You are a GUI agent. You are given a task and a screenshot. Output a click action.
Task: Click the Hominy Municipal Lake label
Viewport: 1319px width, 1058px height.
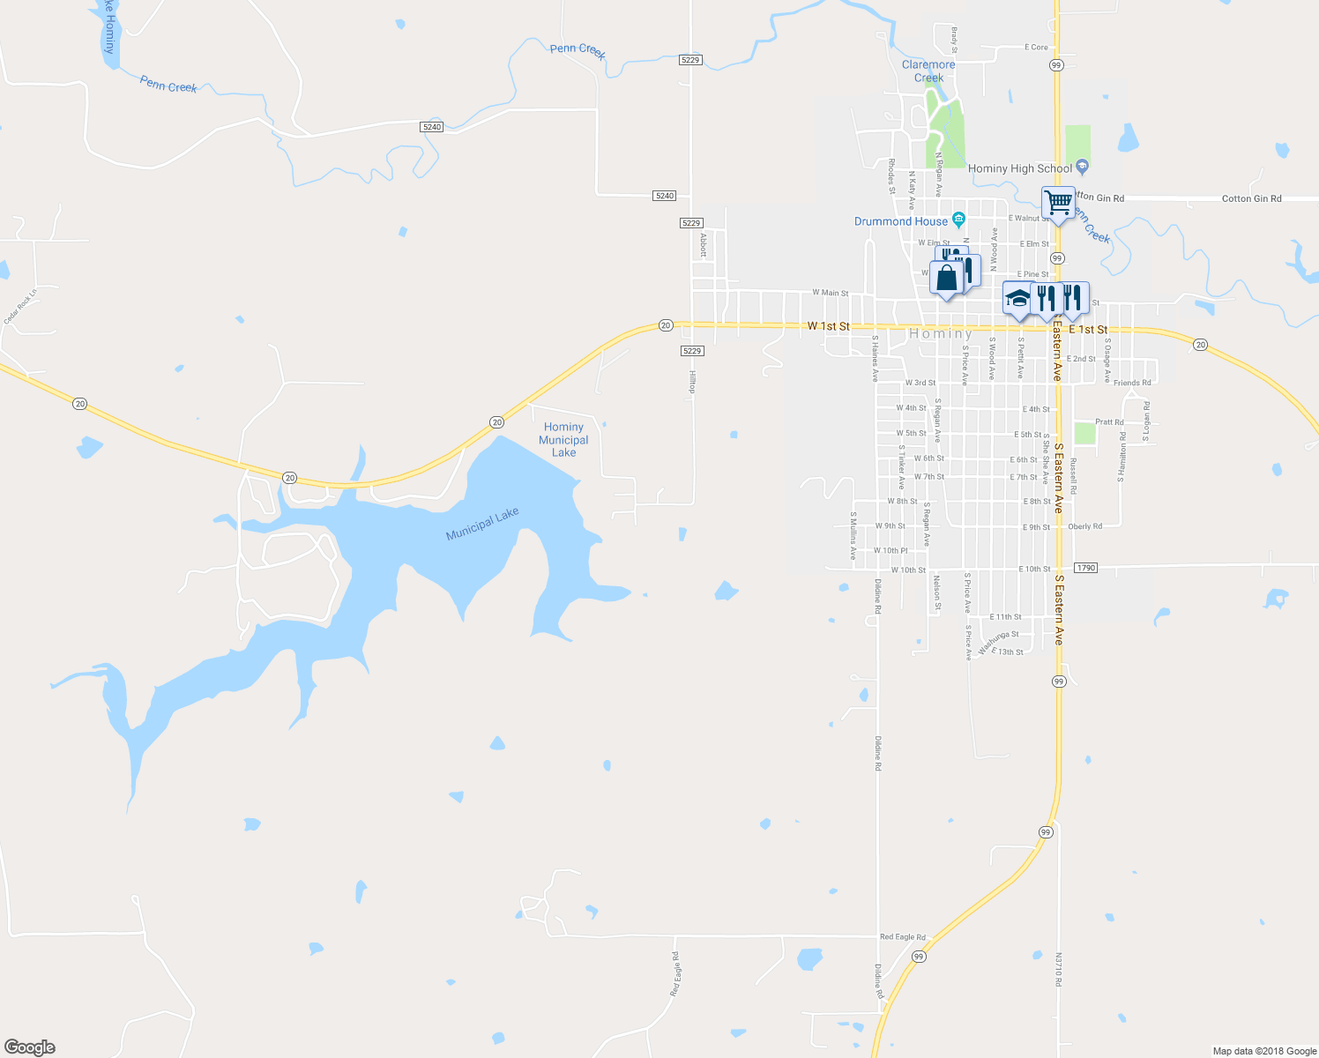(563, 439)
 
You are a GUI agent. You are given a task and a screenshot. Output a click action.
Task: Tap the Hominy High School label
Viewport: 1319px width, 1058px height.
(1020, 168)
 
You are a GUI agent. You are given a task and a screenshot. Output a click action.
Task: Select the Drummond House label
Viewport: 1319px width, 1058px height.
(901, 221)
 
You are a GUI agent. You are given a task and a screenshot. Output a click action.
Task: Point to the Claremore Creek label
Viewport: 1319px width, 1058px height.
(928, 71)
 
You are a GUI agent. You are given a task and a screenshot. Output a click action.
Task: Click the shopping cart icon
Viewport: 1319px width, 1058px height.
(1058, 203)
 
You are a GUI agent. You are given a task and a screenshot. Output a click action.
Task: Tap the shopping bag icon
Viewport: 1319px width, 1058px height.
(946, 279)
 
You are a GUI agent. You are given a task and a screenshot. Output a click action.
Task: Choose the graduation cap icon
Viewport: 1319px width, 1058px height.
(1017, 298)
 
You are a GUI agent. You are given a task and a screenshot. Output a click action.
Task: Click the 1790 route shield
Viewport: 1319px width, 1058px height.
(1085, 568)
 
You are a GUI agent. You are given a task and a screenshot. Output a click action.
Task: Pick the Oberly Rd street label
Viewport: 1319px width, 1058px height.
(1085, 526)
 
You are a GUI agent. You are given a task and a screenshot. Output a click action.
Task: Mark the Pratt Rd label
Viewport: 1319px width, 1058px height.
(1109, 422)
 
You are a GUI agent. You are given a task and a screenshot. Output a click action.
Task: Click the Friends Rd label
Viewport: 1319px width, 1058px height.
(1132, 383)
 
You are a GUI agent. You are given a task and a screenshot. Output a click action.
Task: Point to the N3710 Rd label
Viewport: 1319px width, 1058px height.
(1059, 969)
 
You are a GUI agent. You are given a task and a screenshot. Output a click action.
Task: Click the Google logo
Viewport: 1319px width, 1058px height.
(29, 1047)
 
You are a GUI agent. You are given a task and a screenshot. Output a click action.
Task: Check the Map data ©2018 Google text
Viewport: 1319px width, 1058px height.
(1264, 1051)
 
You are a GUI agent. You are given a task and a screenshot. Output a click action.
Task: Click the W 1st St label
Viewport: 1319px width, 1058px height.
(828, 326)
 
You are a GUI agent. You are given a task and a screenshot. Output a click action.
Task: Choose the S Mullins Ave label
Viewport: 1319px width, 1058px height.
(853, 536)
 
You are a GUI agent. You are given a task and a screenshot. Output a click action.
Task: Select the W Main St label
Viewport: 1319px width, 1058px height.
(830, 293)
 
